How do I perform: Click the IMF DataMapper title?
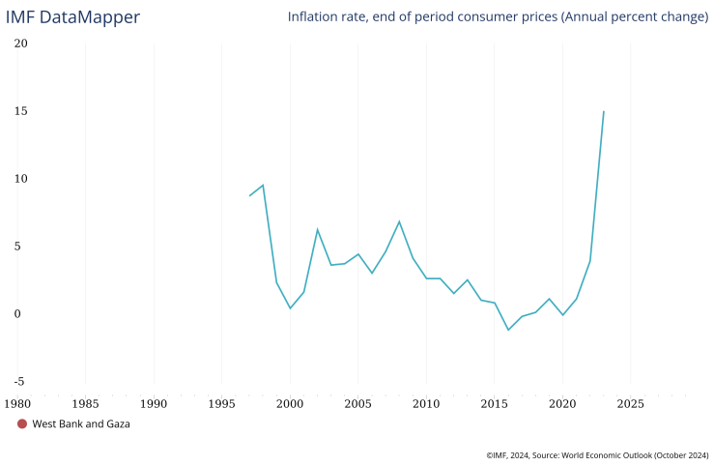[72, 17]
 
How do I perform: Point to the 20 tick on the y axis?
[21, 44]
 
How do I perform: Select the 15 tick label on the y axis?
[21, 111]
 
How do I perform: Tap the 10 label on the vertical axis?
[21, 179]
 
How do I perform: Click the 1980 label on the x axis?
[17, 402]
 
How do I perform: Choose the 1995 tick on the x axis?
[222, 402]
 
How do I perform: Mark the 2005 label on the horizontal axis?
[358, 402]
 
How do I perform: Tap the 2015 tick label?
[495, 402]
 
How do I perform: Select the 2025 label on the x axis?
[631, 402]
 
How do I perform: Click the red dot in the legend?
[22, 423]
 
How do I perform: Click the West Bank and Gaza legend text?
[81, 423]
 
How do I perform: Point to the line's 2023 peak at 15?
[604, 111]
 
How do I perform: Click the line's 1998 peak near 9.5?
[263, 185]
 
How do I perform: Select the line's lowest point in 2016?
[508, 330]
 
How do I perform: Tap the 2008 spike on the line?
[399, 221]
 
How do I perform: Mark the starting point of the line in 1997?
[249, 196]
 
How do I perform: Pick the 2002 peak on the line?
[317, 229]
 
